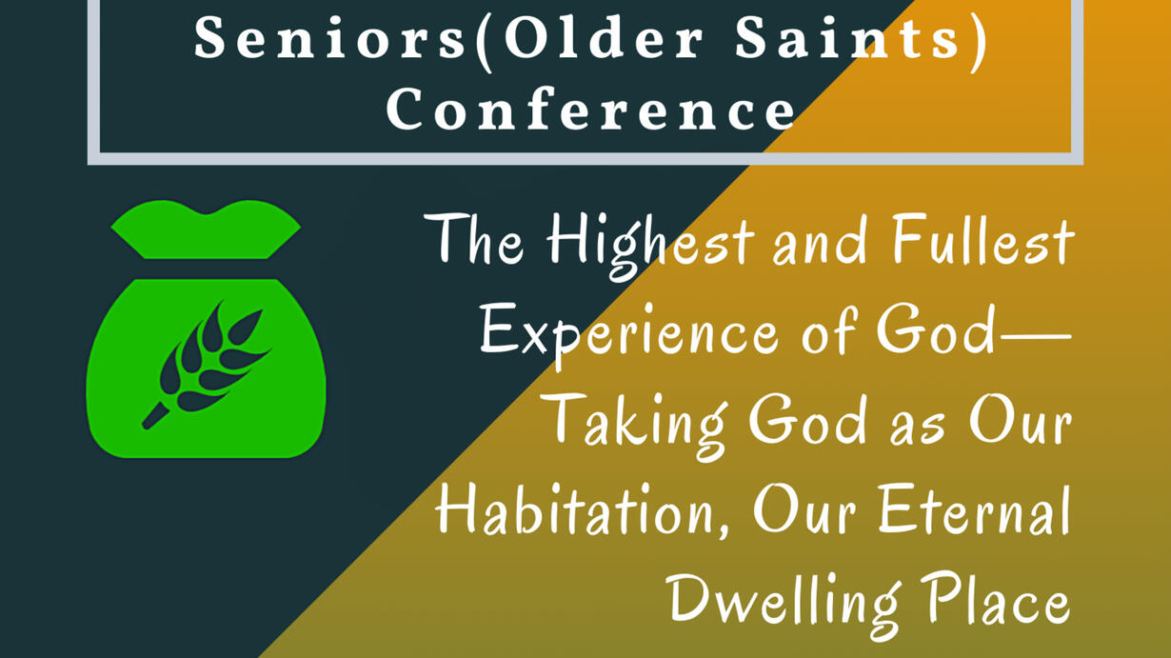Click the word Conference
590,109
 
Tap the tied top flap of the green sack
206,229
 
